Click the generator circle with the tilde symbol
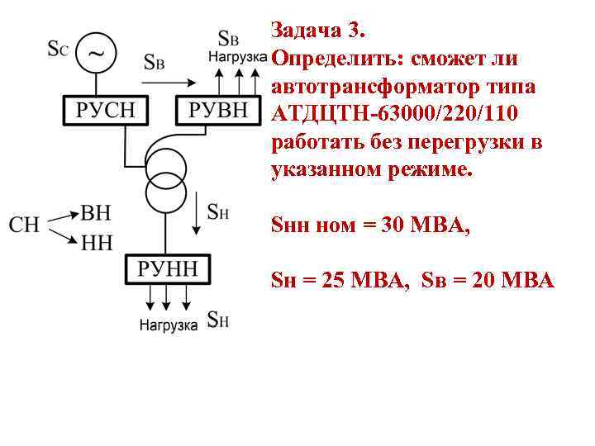coord(96,52)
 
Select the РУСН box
coord(106,110)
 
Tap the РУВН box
coord(217,110)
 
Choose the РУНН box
coord(168,268)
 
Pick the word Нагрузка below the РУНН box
coord(168,325)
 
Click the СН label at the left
coord(26,224)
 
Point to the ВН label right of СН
coord(96,213)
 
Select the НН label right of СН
coord(96,241)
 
